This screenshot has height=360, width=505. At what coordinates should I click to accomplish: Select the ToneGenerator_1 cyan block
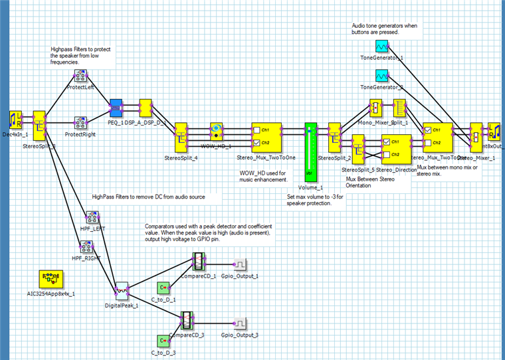[x=381, y=46]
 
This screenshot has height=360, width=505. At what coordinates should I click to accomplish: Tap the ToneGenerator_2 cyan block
[x=381, y=75]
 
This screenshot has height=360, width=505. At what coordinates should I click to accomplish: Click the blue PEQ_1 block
[x=115, y=106]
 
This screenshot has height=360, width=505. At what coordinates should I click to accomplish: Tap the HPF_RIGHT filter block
[x=84, y=247]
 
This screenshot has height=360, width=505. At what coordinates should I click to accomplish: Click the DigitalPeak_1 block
[x=121, y=289]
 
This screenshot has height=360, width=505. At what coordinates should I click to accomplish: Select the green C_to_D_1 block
[x=163, y=288]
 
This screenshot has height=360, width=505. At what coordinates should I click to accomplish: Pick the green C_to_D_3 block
[x=163, y=341]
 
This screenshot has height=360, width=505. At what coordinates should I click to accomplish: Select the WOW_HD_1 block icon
[x=217, y=129]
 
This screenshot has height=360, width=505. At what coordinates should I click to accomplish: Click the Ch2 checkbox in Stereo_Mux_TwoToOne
[x=257, y=142]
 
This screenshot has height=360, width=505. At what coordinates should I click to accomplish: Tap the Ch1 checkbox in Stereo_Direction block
[x=385, y=141]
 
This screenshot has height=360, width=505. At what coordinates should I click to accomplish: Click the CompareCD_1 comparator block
[x=197, y=260]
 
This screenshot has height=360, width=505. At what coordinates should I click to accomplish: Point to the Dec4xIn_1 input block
[x=17, y=120]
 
